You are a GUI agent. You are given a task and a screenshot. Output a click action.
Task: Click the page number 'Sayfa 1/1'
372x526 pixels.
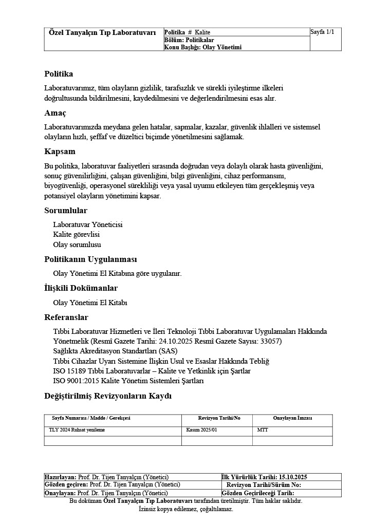click(322, 32)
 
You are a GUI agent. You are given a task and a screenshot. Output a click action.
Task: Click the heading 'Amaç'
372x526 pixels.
click(55, 112)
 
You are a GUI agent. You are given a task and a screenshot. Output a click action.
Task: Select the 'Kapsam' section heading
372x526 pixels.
click(60, 152)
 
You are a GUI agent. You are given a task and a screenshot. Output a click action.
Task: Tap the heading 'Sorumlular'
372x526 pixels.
click(66, 211)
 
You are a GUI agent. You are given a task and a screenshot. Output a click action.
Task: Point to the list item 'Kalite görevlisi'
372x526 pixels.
click(76, 235)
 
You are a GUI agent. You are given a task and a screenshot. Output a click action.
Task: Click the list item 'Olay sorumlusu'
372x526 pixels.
click(77, 245)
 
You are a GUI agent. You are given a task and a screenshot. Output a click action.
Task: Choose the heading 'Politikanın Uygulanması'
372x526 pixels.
click(90, 259)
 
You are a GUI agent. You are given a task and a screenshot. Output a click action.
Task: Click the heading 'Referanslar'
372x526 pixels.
click(66, 317)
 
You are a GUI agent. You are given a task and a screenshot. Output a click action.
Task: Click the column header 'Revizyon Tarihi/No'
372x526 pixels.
click(219, 418)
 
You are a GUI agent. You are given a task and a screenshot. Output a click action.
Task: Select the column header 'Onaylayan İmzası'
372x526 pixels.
click(292, 418)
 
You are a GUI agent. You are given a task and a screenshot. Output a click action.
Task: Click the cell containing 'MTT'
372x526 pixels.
click(263, 429)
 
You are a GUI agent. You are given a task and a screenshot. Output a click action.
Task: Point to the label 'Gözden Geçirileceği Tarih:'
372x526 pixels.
click(258, 493)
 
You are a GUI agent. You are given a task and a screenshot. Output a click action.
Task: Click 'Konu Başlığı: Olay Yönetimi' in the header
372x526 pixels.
click(202, 47)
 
